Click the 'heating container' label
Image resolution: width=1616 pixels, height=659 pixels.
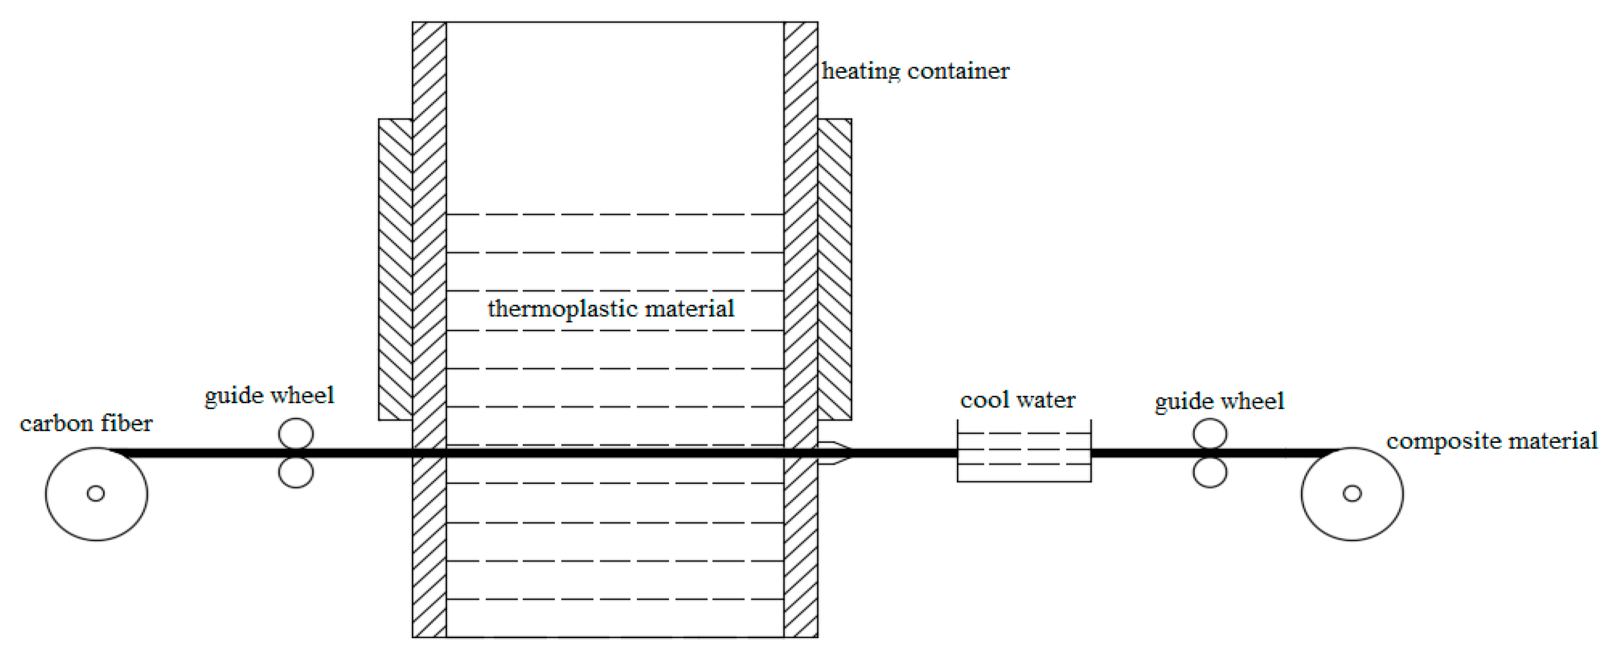pyautogui.click(x=915, y=71)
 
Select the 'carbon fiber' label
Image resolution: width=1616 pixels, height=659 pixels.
pyautogui.click(x=86, y=424)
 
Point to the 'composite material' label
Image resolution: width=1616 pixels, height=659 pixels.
pyautogui.click(x=1491, y=441)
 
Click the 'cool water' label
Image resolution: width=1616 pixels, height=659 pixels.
pyautogui.click(x=1017, y=400)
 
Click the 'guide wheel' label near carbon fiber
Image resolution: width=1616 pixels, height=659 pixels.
pyautogui.click(x=269, y=395)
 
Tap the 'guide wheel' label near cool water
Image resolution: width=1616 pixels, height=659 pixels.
pyautogui.click(x=1219, y=401)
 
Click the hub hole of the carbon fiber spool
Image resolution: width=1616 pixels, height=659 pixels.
pyautogui.click(x=96, y=494)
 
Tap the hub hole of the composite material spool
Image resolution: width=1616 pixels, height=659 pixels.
pyautogui.click(x=1352, y=494)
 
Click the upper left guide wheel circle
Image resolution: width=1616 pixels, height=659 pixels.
pyautogui.click(x=296, y=433)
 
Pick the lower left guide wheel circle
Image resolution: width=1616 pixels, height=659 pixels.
pyautogui.click(x=296, y=472)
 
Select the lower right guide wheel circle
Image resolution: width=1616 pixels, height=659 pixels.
pyautogui.click(x=1210, y=473)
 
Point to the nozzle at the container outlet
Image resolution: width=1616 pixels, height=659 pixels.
pyautogui.click(x=835, y=453)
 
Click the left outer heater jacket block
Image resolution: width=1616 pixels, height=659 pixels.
pyautogui.click(x=395, y=269)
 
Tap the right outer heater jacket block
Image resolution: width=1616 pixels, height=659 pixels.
pyautogui.click(x=835, y=269)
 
